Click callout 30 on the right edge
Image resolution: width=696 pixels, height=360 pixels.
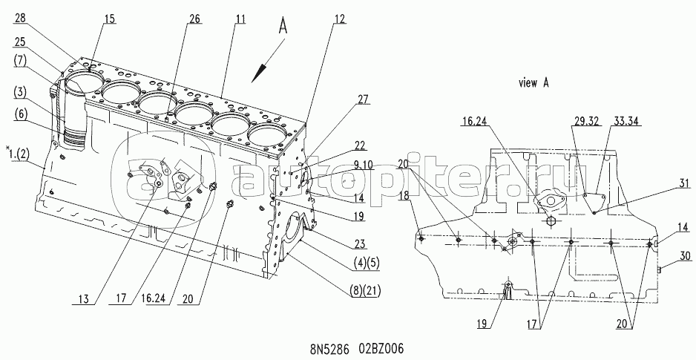[664, 255]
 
